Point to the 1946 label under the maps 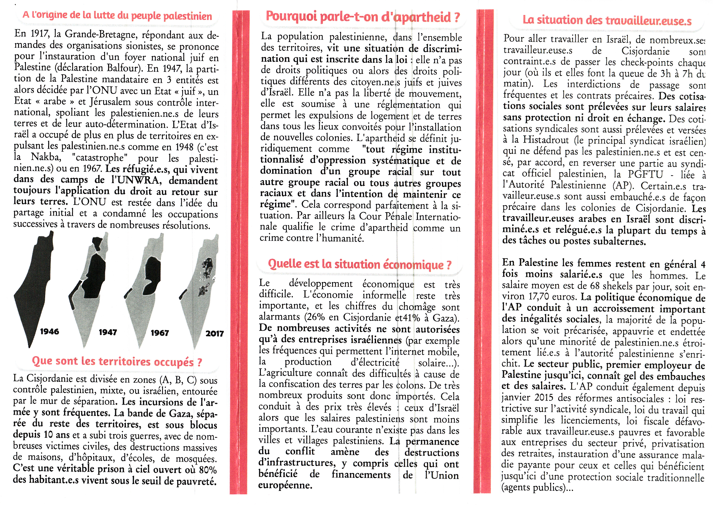[50, 332]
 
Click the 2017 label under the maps [214, 334]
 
